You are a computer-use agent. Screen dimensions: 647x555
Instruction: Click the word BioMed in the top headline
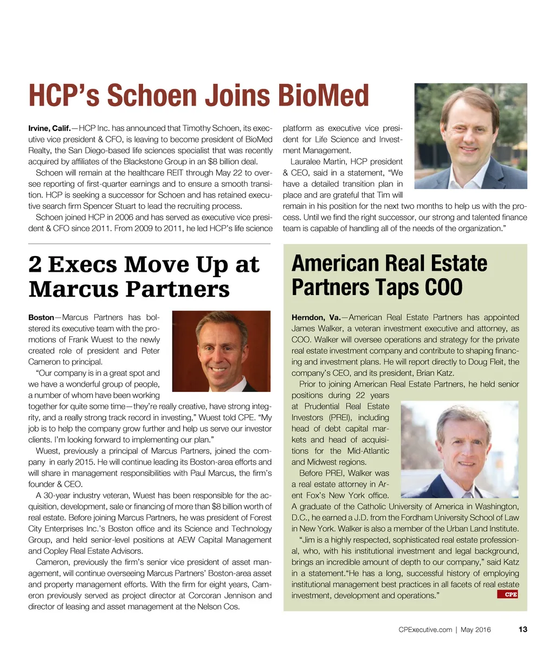323,96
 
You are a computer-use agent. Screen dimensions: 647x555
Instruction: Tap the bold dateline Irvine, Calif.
49,128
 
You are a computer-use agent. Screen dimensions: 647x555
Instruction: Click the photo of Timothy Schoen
470,136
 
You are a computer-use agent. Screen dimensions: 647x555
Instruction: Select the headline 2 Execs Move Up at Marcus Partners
144,277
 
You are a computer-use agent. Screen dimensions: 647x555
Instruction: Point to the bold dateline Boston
41,317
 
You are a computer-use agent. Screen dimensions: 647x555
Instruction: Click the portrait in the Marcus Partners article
221,351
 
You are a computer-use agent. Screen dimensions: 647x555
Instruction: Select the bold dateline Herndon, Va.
316,317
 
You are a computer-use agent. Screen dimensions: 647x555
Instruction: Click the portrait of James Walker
459,449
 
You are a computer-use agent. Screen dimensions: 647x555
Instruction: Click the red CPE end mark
507,594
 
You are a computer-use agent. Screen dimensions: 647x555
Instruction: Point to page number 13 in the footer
522,629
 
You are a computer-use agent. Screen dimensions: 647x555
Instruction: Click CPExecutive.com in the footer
425,629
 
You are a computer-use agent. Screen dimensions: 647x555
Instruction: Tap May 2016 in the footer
475,629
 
